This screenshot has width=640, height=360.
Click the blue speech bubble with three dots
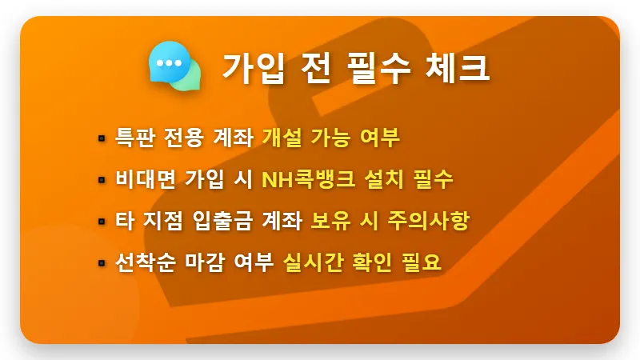tap(168, 62)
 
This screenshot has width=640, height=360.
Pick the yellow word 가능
tap(329, 137)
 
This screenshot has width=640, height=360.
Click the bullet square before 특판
tap(102, 138)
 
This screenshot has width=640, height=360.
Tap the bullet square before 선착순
tap(102, 262)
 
